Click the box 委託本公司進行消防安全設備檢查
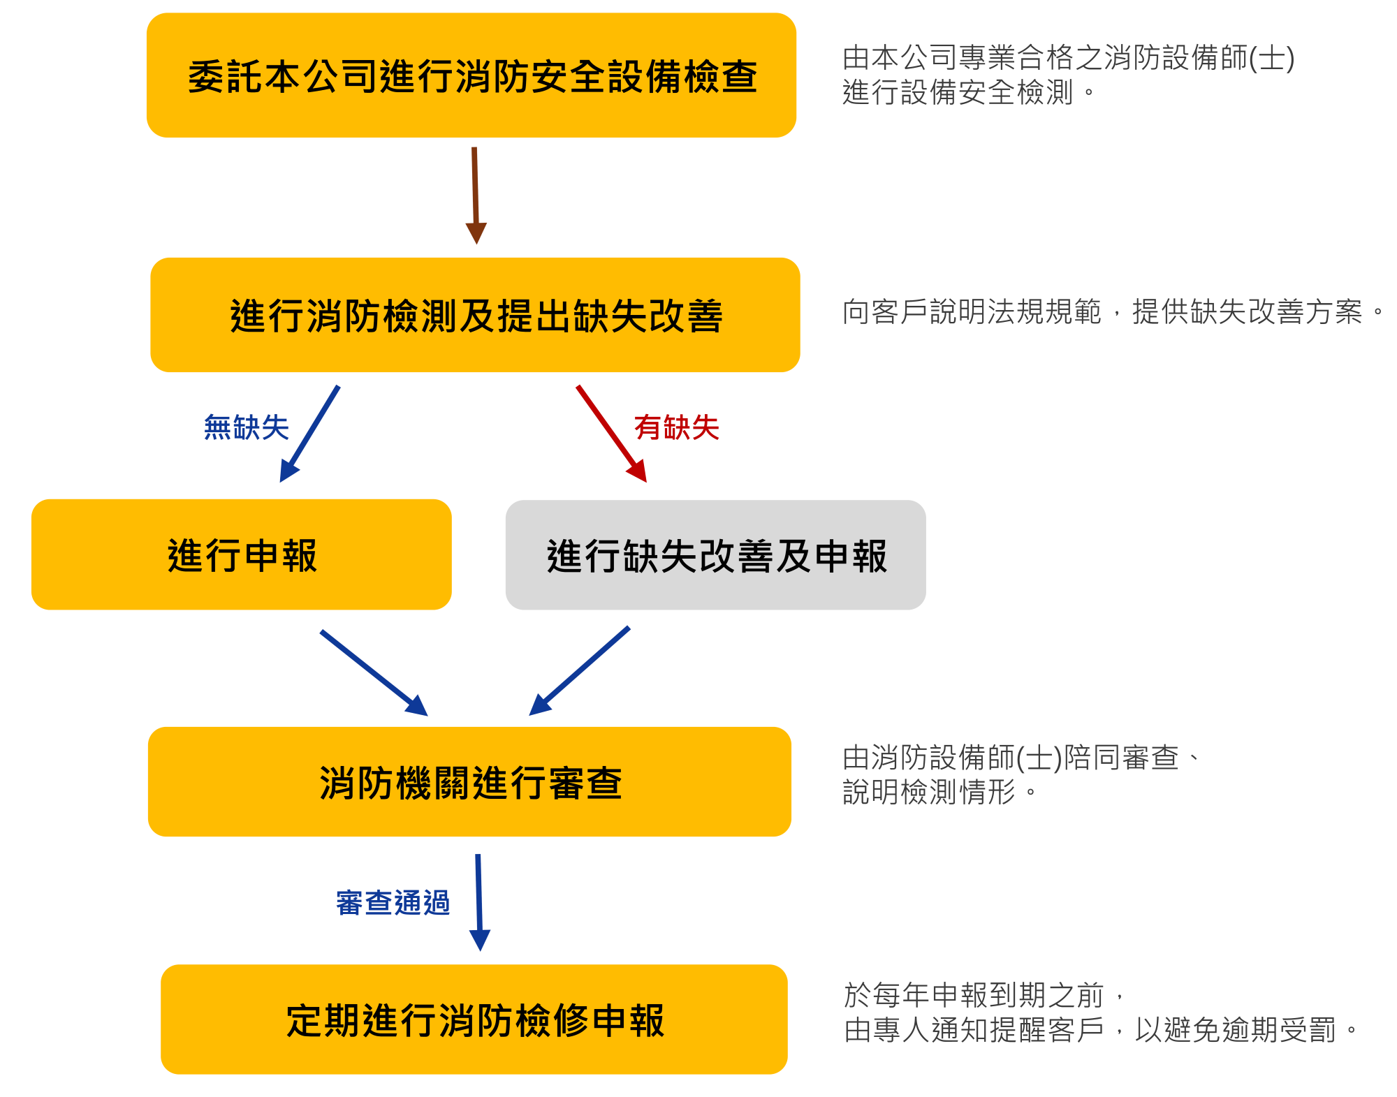471,75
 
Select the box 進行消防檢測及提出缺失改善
475,315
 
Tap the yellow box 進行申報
242,554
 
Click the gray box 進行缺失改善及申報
715,555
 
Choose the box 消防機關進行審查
469,781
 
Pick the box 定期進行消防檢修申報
474,1019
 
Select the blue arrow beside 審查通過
479,900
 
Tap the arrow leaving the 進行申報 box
373,672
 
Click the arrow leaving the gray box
580,670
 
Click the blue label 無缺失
246,427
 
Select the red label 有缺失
676,427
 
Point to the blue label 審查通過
393,903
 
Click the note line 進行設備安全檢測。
968,92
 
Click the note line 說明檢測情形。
939,792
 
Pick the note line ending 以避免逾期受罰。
1100,1030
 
